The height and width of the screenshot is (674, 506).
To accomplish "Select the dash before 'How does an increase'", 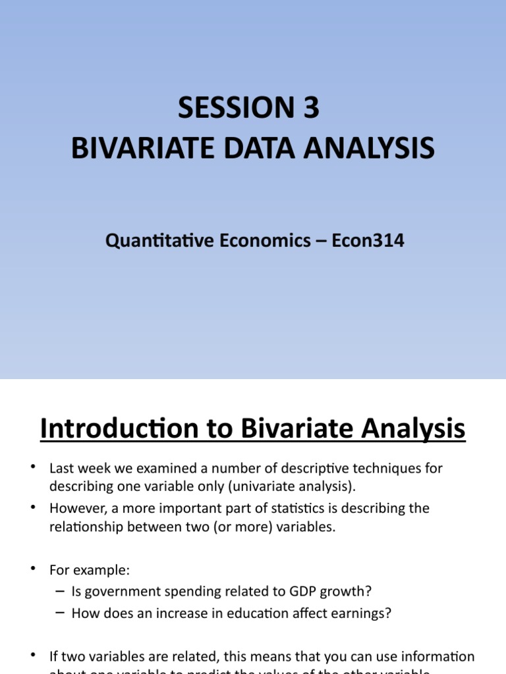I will [61, 613].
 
